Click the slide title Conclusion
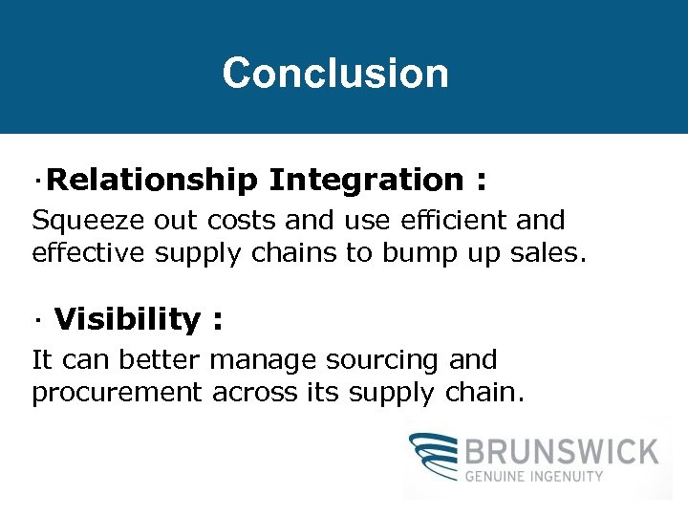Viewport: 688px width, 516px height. click(335, 74)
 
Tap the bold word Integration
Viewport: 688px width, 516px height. click(366, 180)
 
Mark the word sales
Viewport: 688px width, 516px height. click(554, 254)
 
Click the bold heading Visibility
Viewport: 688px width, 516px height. click(127, 319)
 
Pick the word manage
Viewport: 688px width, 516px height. click(265, 362)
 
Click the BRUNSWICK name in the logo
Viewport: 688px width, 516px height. click(562, 451)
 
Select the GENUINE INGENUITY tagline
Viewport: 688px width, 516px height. click(534, 475)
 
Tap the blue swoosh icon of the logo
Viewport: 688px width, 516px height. click(436, 456)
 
